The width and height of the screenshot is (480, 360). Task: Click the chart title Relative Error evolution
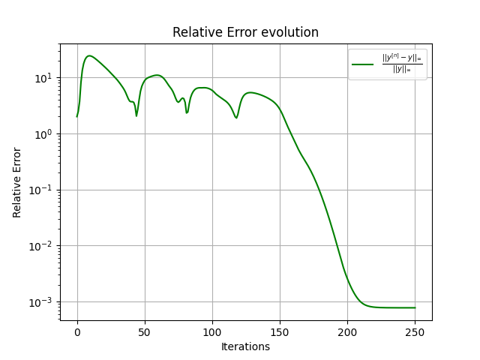(245, 32)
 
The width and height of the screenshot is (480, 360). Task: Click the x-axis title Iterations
(245, 346)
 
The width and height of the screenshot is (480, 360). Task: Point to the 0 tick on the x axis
(77, 332)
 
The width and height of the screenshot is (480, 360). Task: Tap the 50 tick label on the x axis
(145, 332)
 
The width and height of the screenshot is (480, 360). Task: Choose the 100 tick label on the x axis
(212, 332)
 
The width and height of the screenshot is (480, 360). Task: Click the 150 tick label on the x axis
(280, 332)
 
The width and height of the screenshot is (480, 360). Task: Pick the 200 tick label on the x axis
(347, 332)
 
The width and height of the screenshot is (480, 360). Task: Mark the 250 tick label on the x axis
(415, 332)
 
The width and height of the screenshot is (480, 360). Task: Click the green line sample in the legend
(363, 64)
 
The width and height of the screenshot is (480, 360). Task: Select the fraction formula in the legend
(402, 64)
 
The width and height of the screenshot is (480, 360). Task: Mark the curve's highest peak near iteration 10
(90, 55)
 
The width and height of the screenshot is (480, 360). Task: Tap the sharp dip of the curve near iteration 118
(236, 118)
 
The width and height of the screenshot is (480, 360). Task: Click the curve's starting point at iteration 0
(77, 116)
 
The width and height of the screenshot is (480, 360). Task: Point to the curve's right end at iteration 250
(415, 307)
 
